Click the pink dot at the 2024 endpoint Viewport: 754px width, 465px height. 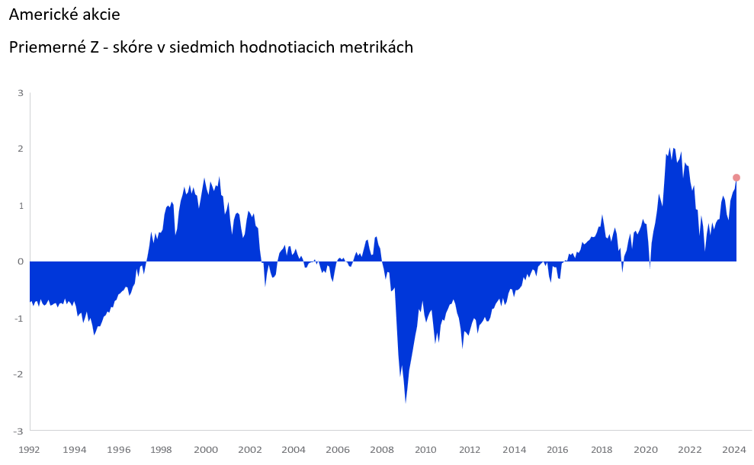click(736, 178)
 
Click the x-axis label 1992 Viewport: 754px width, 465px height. click(30, 450)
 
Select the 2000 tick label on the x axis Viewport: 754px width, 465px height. click(206, 450)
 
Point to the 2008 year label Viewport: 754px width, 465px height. click(382, 450)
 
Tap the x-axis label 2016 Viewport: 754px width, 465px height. click(558, 450)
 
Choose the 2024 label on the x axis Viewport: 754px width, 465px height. click(733, 450)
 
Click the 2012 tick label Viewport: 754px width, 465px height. click(470, 450)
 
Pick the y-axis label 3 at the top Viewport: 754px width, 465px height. click(21, 93)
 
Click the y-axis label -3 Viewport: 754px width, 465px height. click(19, 431)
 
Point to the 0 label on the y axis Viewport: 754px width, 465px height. click(21, 261)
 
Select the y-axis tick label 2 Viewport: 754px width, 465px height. click(21, 149)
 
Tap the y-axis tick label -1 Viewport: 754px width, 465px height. click(19, 318)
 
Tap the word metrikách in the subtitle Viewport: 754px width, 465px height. click(376, 48)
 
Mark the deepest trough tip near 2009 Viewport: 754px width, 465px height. click(406, 402)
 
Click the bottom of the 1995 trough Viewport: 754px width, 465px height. click(95, 334)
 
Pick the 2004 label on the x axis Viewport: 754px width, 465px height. click(294, 450)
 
